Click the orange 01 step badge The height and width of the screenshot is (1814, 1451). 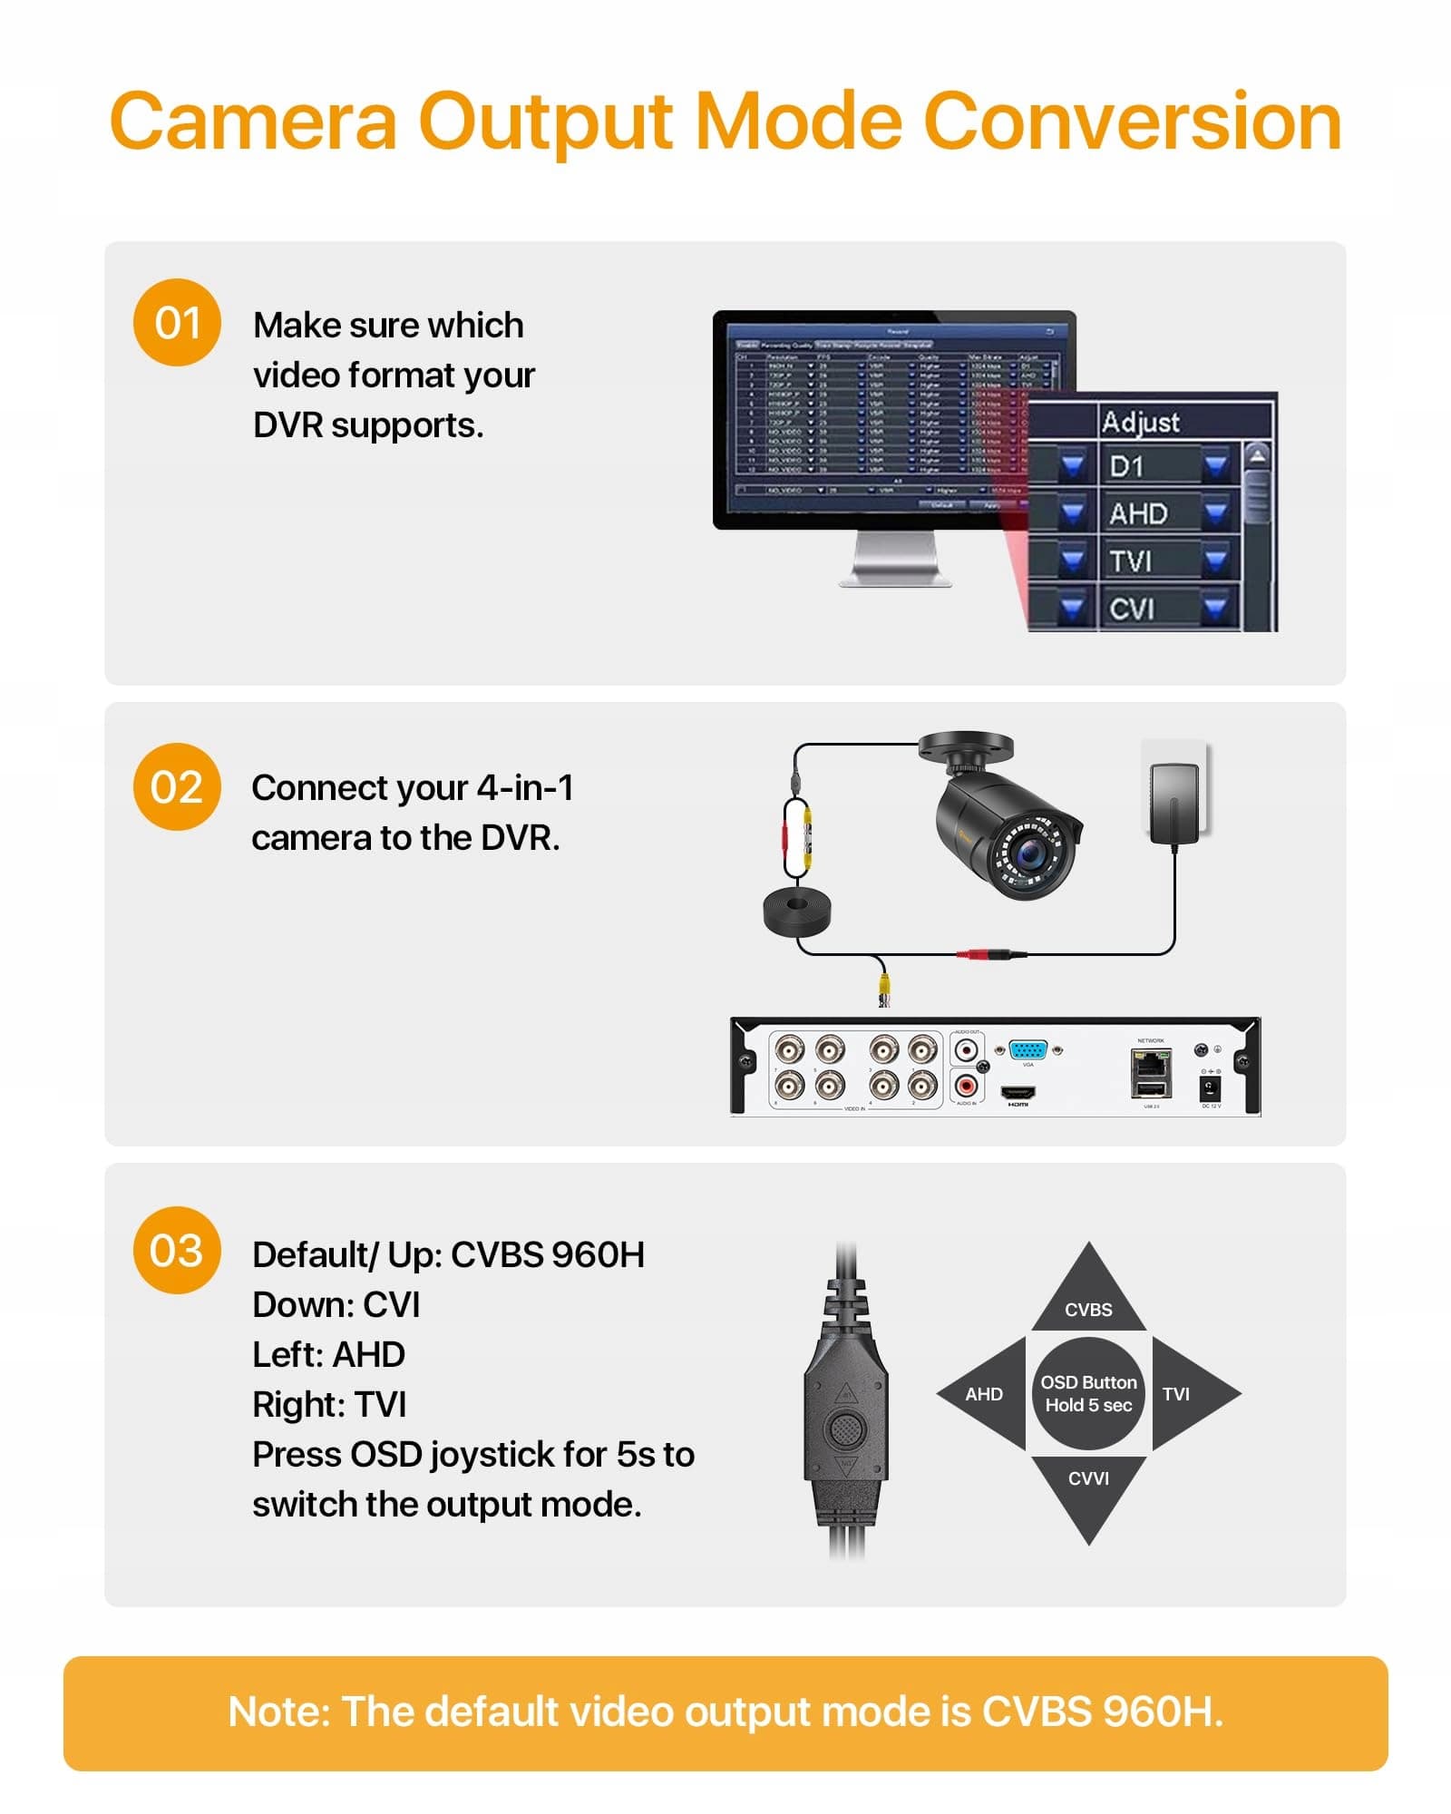click(177, 323)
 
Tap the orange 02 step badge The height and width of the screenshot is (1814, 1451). click(177, 786)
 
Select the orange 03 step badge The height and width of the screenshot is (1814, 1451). click(177, 1250)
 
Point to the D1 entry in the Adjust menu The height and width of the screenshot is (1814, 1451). click(1127, 466)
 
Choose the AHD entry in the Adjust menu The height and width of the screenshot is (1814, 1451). click(1138, 513)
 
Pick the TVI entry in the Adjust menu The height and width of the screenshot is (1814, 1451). click(1130, 561)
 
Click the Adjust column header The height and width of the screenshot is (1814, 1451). click(1140, 422)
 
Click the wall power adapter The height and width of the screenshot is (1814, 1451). click(1174, 804)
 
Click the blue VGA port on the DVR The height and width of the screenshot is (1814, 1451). click(1027, 1049)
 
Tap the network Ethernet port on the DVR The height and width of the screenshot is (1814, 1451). click(1151, 1061)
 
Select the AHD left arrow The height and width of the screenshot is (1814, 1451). click(981, 1394)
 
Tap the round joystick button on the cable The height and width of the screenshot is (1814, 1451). click(846, 1429)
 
